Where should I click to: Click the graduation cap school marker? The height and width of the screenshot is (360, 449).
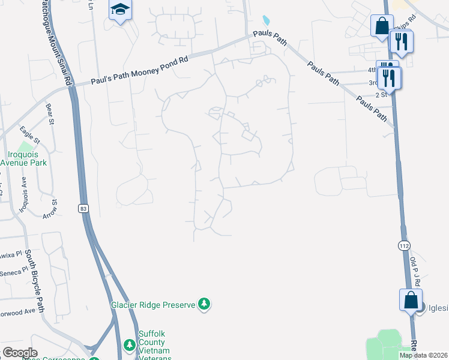[120, 10]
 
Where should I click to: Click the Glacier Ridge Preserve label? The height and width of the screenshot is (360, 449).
[153, 305]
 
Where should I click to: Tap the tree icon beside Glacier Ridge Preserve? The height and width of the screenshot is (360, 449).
[205, 305]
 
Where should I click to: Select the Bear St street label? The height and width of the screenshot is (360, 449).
[50, 114]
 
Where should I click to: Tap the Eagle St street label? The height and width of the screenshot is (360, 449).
[29, 134]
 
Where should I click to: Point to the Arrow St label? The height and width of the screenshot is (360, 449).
[49, 208]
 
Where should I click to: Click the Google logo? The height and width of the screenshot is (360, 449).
[20, 353]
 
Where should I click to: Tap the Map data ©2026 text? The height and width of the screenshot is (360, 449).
[423, 355]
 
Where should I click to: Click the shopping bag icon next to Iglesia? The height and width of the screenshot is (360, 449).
[411, 299]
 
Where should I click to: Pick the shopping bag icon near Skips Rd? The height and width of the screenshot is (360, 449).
[382, 26]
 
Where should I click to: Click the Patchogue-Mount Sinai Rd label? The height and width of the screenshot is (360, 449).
[60, 42]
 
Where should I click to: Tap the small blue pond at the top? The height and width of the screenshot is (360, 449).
[266, 21]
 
